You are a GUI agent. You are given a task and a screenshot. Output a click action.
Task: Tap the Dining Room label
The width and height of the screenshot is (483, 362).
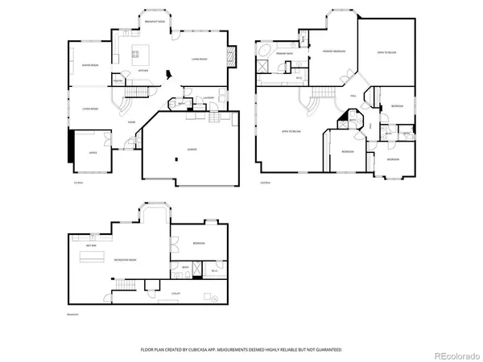[89, 64]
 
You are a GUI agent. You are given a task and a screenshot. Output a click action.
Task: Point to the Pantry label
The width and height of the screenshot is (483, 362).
[118, 80]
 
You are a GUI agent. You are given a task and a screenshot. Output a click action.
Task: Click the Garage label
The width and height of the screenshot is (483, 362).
[192, 150]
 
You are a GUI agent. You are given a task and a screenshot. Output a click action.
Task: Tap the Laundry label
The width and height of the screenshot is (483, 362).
[208, 98]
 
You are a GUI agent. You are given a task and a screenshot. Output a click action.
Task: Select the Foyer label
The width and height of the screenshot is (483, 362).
[130, 122]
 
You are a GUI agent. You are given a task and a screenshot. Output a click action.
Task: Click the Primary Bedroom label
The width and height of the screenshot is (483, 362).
[334, 51]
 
